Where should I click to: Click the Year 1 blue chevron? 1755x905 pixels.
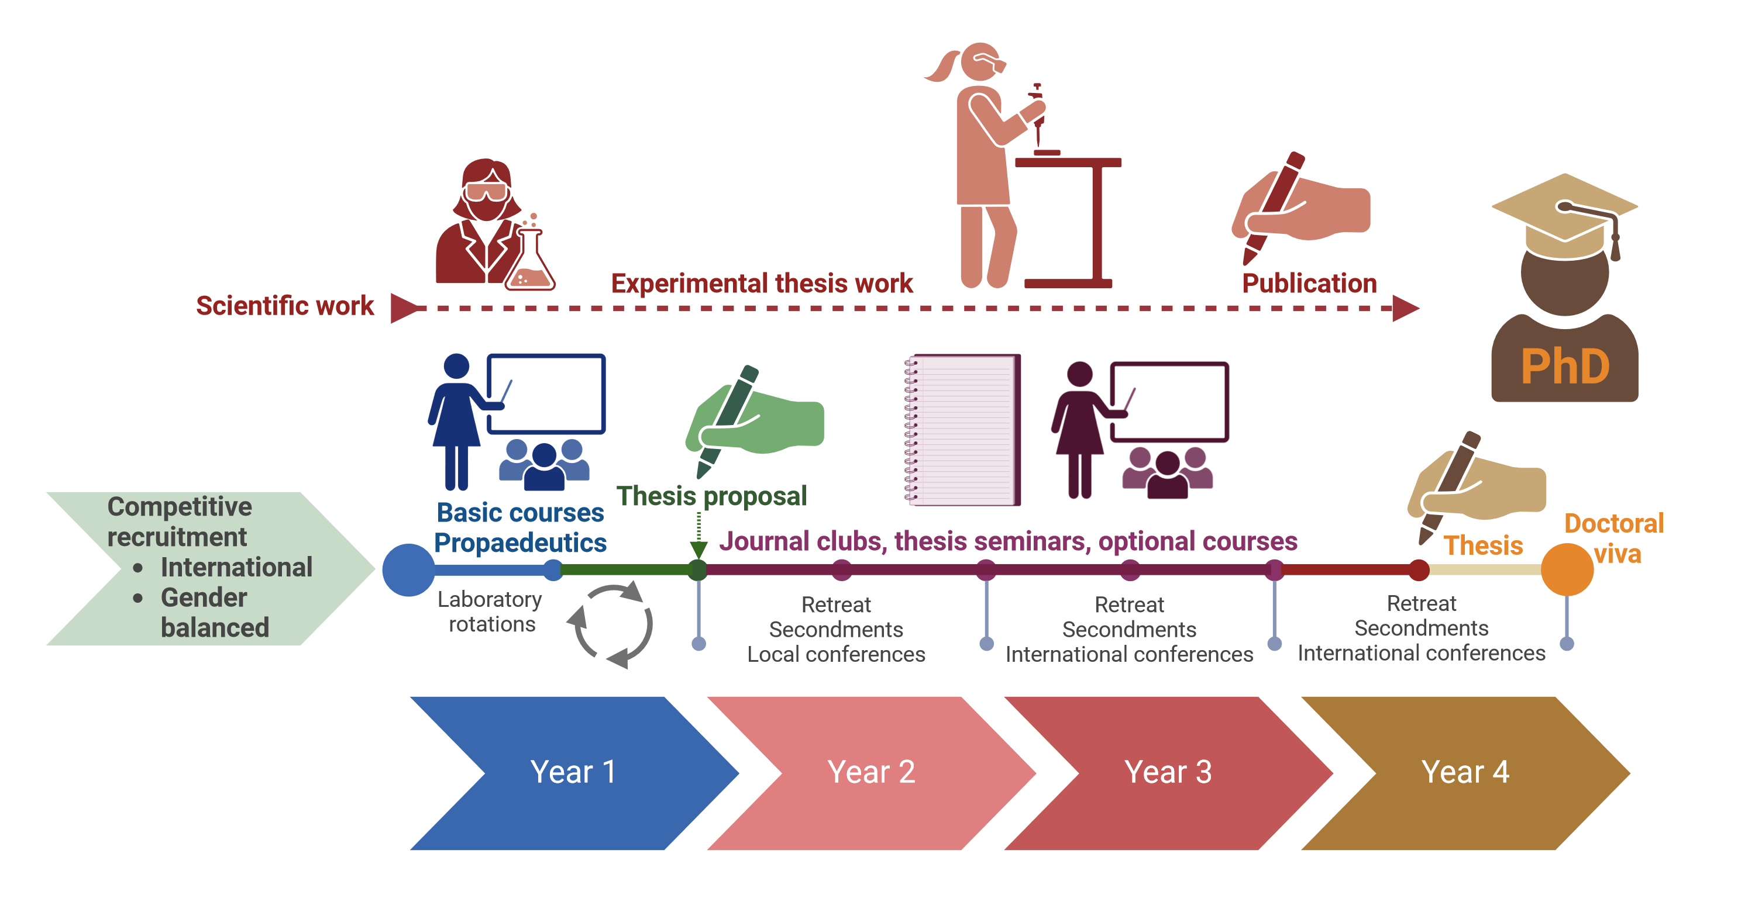574,773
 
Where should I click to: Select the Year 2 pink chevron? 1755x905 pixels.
872,773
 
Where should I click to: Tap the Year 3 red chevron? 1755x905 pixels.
1168,773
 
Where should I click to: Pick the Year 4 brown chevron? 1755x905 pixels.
1465,773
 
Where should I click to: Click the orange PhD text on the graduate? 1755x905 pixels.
1565,367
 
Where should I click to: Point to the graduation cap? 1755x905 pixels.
1565,216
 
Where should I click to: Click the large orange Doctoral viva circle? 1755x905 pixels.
1567,569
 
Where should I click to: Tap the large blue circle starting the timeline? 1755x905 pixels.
409,570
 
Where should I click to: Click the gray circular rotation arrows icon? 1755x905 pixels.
610,624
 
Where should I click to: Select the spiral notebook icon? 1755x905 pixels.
961,430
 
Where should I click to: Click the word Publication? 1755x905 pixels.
1309,284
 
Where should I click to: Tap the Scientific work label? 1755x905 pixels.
285,306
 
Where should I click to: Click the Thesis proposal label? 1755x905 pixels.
711,496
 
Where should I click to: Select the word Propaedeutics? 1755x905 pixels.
521,543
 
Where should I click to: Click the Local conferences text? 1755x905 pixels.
836,654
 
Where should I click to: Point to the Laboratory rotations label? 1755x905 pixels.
491,612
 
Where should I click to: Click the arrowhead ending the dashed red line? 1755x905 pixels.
1406,309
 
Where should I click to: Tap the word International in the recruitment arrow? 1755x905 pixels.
236,567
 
